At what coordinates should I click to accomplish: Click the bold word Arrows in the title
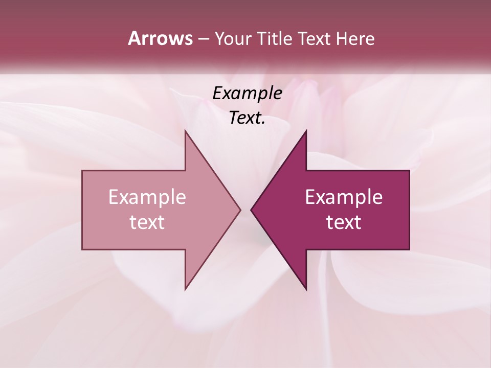[x=160, y=38]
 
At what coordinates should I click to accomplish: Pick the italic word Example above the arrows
[x=247, y=94]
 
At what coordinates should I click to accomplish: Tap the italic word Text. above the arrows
[x=247, y=118]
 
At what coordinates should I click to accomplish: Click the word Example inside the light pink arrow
[x=147, y=197]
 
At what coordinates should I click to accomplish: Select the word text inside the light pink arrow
[x=147, y=222]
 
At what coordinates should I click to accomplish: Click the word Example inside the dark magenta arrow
[x=344, y=197]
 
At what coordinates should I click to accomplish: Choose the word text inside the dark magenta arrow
[x=344, y=222]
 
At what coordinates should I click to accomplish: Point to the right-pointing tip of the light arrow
[x=240, y=210]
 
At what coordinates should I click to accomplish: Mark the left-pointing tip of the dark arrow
[x=251, y=210]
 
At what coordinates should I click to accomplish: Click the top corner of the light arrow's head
[x=185, y=131]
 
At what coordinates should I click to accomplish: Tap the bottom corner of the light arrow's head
[x=185, y=289]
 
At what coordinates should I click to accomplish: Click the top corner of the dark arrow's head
[x=306, y=131]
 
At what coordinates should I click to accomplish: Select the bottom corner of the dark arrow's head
[x=306, y=289]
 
